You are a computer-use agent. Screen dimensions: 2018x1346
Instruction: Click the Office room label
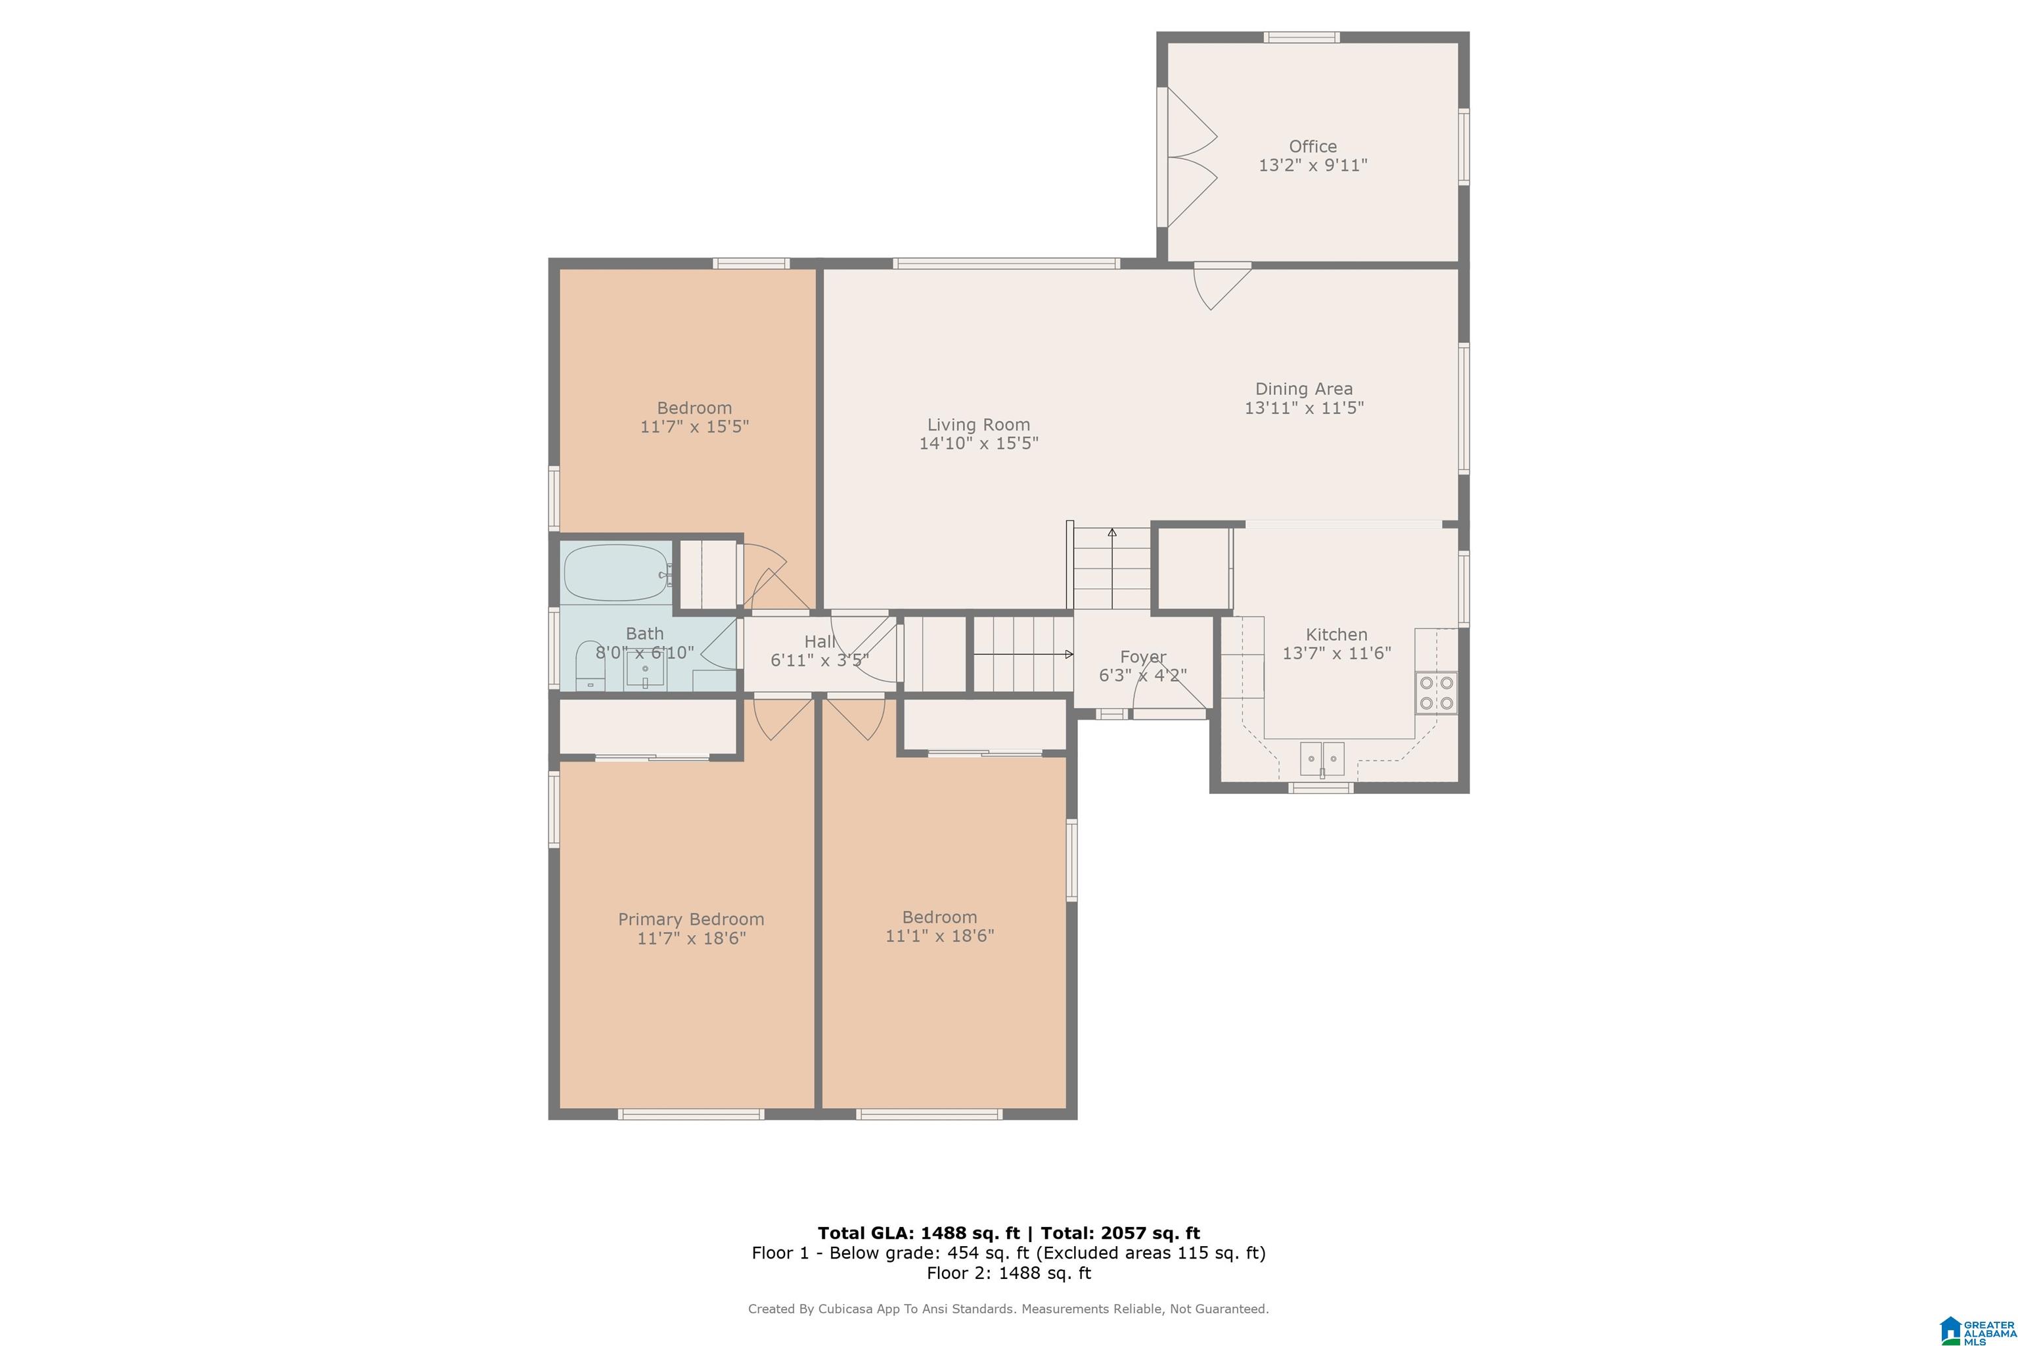[1312, 147]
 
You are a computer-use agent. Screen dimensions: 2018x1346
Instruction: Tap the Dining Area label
[1303, 389]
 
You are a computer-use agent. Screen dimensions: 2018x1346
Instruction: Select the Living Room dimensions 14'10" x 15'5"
[979, 443]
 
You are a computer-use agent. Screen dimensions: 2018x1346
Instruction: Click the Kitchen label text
[1336, 634]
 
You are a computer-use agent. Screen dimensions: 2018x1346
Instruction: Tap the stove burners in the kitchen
[1436, 693]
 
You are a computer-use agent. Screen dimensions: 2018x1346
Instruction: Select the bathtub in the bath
[616, 572]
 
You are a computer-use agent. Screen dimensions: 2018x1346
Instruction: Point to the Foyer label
[1143, 657]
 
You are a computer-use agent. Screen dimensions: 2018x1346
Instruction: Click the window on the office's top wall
[1301, 37]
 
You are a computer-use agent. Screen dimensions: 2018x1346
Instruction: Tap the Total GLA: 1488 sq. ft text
[919, 1234]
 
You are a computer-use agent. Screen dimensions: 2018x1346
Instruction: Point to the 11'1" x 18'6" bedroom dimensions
[939, 936]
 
